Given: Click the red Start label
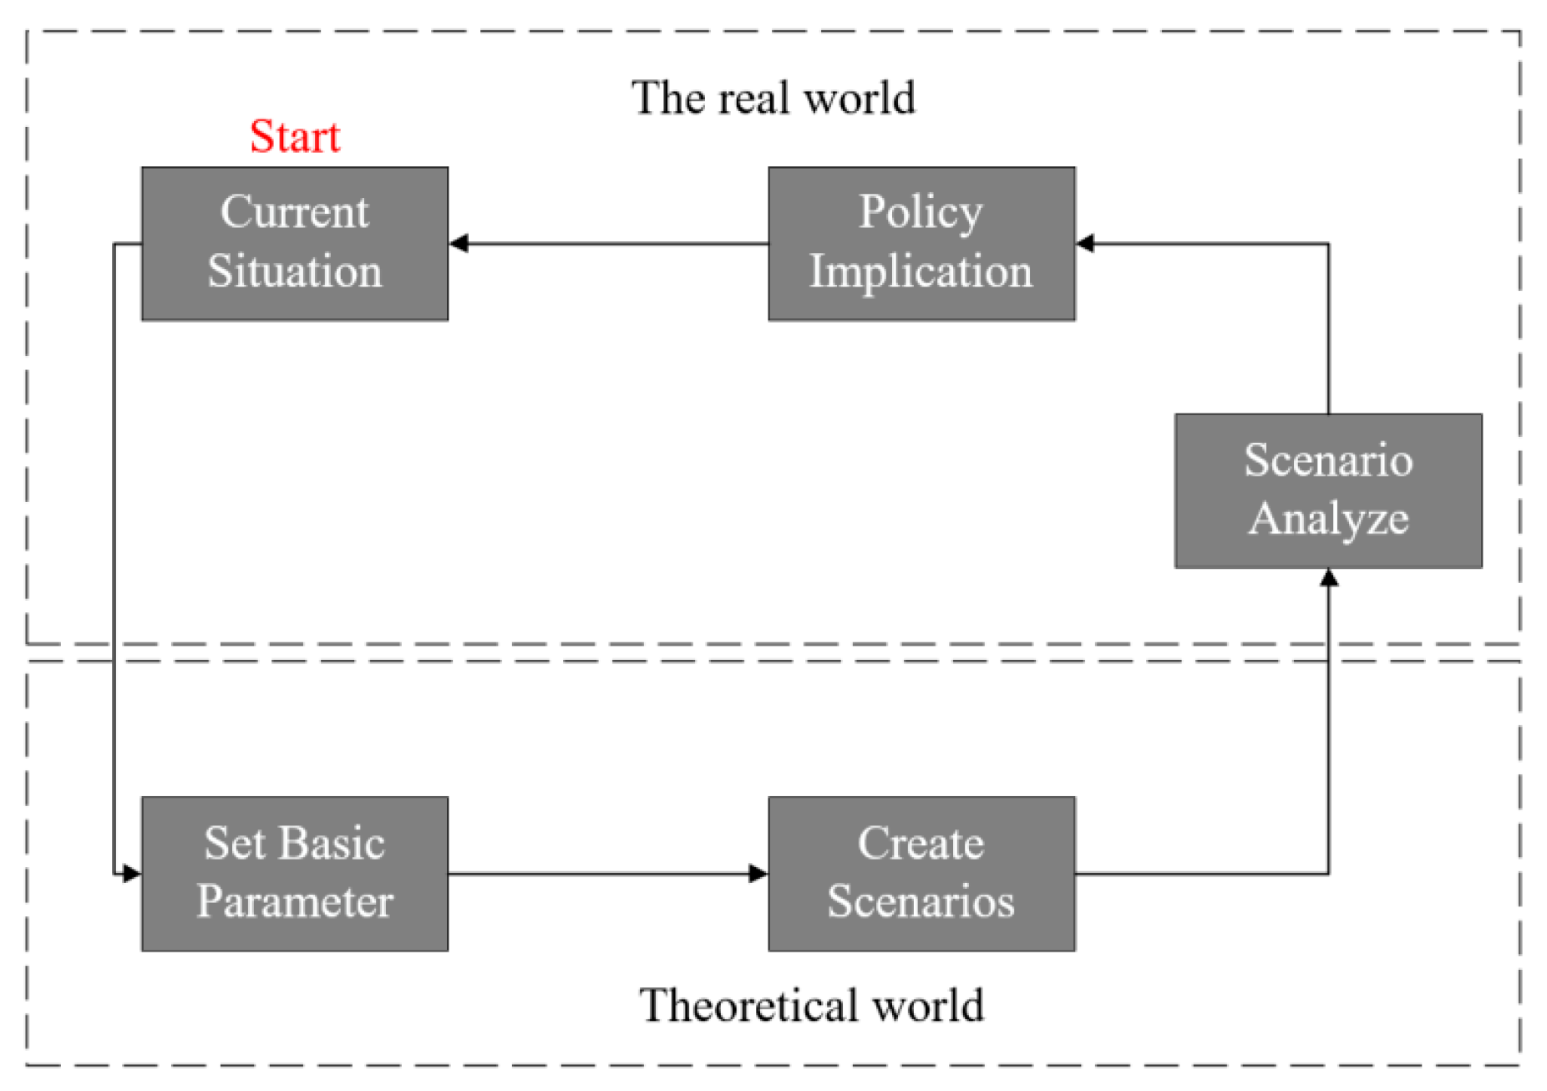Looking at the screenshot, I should point(295,136).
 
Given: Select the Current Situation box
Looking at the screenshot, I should point(295,243).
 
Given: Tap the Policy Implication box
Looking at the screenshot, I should point(921,243).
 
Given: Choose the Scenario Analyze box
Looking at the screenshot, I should point(1328,490).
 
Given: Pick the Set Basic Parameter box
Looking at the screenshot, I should point(295,873).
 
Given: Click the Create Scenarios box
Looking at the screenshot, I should point(921,873).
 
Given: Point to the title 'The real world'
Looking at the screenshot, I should point(773,98).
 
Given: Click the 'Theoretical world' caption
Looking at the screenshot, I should point(811,1004).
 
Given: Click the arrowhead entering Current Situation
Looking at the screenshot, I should point(459,243).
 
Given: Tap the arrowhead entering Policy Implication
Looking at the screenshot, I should point(1085,243).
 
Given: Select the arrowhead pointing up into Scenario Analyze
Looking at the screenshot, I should point(1328,577).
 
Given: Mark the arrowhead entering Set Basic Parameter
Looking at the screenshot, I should point(131,874).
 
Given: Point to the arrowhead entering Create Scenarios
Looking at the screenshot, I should point(758,874).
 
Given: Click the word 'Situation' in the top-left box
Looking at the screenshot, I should point(295,271).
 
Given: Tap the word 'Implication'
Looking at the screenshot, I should point(921,272).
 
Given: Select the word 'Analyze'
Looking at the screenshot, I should point(1328,519).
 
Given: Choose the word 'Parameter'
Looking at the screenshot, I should point(295,902).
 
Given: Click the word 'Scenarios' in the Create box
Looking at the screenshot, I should point(921,902).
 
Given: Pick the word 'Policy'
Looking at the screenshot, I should point(921,212).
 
